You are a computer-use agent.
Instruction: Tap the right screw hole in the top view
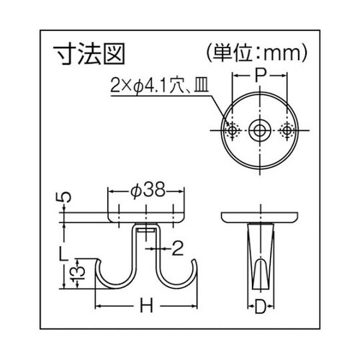click(x=287, y=130)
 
